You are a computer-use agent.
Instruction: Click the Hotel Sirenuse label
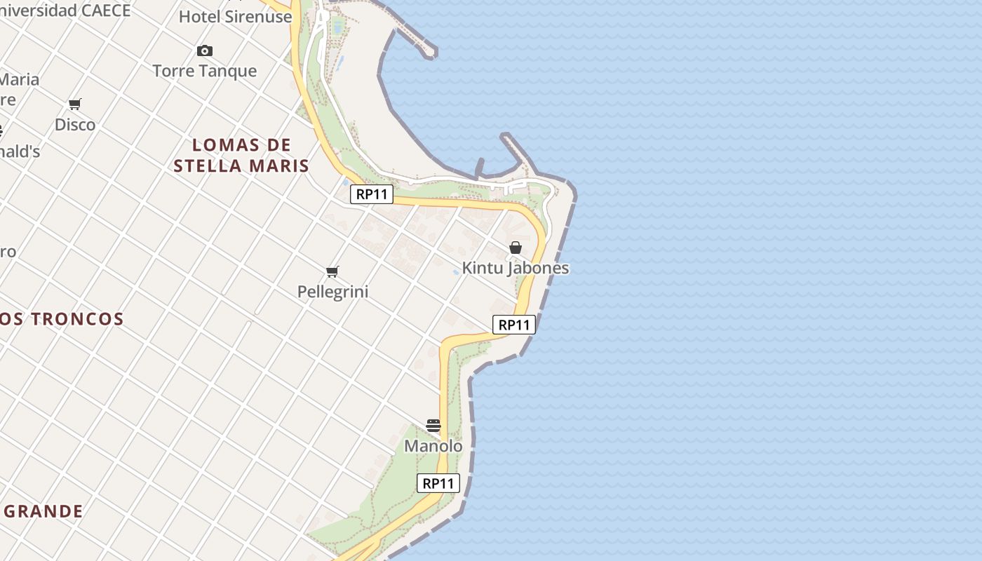pos(235,17)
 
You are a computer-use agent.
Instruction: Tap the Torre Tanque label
pos(205,71)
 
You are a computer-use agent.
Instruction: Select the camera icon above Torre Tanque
pos(205,50)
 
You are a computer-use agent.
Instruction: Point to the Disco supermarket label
pos(75,124)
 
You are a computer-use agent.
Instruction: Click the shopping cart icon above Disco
pos(75,104)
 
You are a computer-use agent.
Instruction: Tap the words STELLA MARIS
pos(241,166)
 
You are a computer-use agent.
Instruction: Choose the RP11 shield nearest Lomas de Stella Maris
pos(372,194)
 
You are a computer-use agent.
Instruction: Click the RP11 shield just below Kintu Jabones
pos(514,325)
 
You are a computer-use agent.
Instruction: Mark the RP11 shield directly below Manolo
pos(438,483)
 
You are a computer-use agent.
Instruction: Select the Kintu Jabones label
pos(516,268)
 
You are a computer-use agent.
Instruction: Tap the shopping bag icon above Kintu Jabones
pos(516,248)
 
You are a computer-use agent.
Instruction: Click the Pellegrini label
pos(332,292)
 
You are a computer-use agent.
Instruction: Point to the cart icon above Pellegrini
pos(332,271)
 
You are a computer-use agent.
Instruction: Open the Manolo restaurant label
pos(433,446)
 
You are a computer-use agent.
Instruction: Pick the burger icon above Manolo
pos(433,426)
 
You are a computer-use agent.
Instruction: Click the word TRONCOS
pos(77,319)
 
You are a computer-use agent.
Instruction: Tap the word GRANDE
pos(43,511)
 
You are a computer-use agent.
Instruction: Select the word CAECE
pos(106,11)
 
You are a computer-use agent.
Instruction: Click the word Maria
pos(20,79)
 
